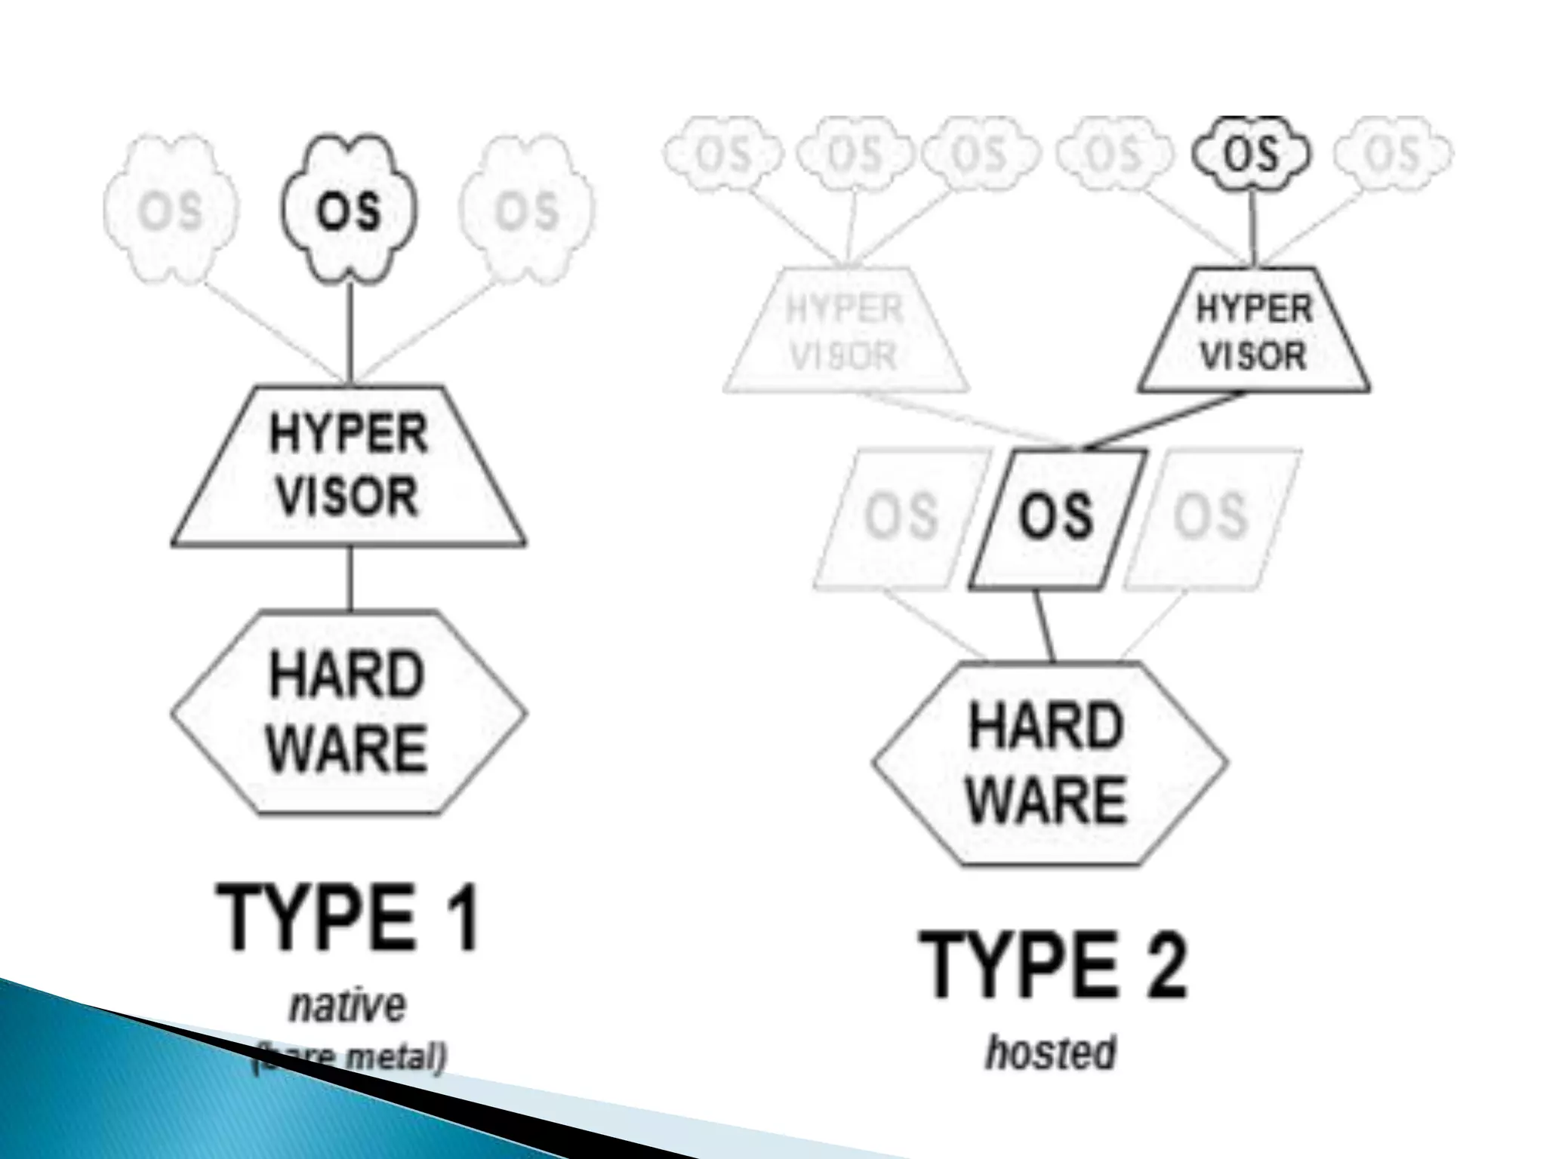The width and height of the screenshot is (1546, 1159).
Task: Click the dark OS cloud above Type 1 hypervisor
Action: click(x=349, y=210)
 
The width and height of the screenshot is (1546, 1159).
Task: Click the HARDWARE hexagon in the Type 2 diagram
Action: click(x=1049, y=763)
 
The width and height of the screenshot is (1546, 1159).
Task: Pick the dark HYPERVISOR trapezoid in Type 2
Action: click(x=1254, y=332)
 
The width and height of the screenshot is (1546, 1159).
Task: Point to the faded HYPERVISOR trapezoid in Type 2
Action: click(x=845, y=332)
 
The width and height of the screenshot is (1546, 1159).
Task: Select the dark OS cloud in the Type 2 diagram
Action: click(x=1252, y=154)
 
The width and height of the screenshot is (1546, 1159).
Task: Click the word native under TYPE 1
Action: click(x=348, y=1006)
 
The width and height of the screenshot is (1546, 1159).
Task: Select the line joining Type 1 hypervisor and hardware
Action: click(x=350, y=577)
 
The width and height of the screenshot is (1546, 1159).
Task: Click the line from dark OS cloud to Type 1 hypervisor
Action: click(x=350, y=324)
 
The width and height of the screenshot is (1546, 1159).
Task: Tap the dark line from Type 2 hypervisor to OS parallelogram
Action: click(x=1163, y=421)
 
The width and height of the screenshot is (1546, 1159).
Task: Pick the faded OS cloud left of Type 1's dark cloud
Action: click(x=171, y=211)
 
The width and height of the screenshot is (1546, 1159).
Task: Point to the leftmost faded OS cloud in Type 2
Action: click(x=722, y=154)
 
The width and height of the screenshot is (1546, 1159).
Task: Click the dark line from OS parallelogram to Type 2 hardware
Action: click(x=1044, y=625)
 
